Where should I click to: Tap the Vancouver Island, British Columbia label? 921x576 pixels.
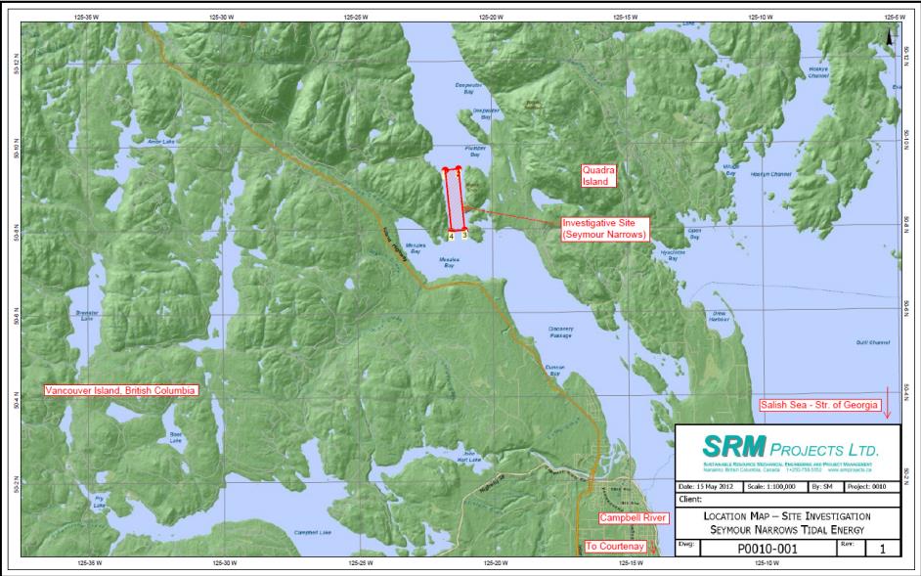click(121, 390)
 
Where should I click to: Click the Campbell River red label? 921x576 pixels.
click(632, 516)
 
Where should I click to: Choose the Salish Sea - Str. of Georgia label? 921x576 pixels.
click(820, 404)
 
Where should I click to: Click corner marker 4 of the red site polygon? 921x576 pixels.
click(451, 236)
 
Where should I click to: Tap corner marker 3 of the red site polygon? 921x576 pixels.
click(464, 235)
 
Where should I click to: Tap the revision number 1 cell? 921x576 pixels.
click(883, 549)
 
